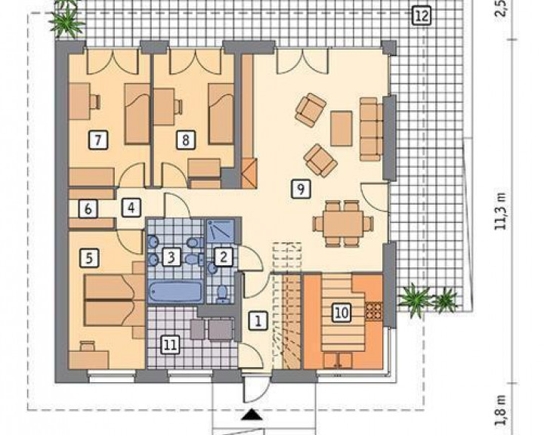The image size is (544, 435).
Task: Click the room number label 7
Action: click(x=98, y=140)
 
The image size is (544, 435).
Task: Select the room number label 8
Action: click(x=186, y=140)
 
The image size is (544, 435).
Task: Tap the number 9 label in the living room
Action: click(x=301, y=189)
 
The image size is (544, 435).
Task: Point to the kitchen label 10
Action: click(x=342, y=313)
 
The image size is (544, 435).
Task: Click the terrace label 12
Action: click(x=422, y=16)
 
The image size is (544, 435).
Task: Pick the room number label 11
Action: click(x=170, y=345)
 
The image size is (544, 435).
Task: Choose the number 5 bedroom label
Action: click(x=89, y=258)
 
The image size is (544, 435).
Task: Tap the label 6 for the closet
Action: click(x=88, y=209)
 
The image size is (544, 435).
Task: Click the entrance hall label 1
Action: click(x=258, y=320)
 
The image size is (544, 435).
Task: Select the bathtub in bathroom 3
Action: click(x=175, y=292)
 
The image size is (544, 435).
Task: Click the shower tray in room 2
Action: click(x=221, y=230)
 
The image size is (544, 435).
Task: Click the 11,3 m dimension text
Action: click(x=501, y=211)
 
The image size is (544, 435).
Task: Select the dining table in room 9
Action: click(x=343, y=224)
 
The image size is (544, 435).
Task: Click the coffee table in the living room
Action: click(x=342, y=128)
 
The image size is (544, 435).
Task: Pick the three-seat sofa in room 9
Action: click(x=371, y=129)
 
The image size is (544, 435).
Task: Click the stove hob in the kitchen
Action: click(x=374, y=310)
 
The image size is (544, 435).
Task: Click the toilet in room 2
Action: click(x=221, y=292)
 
